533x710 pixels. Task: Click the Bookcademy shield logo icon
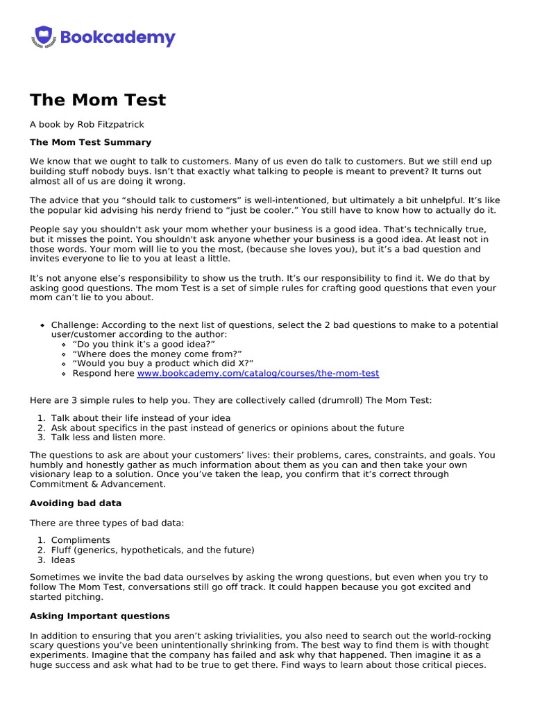[43, 37]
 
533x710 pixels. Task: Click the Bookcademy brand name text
[118, 37]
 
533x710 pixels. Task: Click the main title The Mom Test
[98, 100]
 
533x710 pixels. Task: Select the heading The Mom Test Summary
[90, 142]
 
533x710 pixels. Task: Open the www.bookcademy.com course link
[257, 373]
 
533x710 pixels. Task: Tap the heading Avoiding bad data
[76, 503]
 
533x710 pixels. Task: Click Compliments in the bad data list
[81, 540]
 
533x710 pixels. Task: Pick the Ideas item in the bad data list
[63, 560]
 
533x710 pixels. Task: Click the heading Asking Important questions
[99, 616]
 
